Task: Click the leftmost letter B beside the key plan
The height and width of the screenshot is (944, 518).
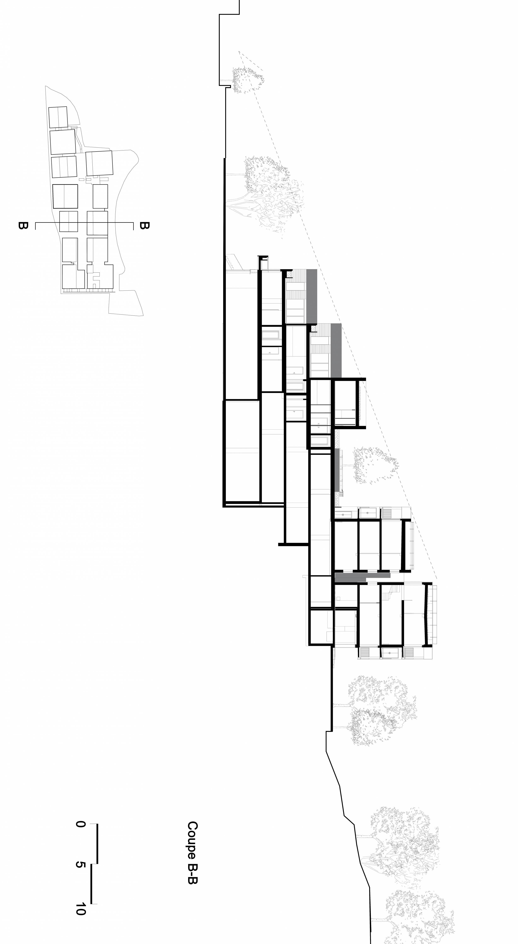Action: pyautogui.click(x=23, y=225)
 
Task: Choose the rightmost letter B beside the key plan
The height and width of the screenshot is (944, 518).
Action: pyautogui.click(x=145, y=225)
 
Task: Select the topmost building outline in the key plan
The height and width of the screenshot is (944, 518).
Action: pyautogui.click(x=58, y=117)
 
